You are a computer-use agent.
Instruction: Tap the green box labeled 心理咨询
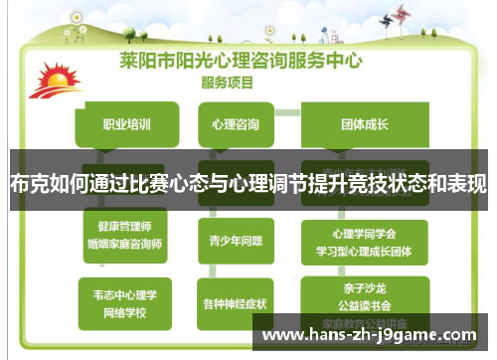[x=236, y=125]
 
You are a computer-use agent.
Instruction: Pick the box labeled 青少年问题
[x=236, y=240]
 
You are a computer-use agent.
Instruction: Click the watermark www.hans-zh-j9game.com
[x=373, y=335]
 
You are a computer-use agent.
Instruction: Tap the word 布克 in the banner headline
[x=29, y=185]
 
